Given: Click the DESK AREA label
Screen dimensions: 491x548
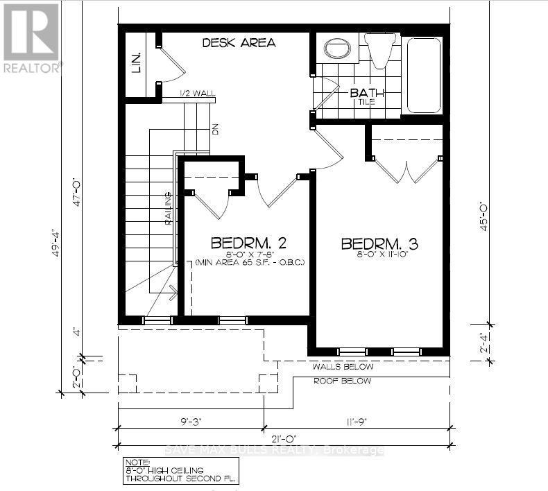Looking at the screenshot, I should (x=239, y=43).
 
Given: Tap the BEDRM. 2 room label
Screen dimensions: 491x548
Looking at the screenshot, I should (x=249, y=243).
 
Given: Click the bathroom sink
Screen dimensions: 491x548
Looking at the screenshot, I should (x=338, y=50).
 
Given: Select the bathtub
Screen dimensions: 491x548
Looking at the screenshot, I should (x=423, y=75).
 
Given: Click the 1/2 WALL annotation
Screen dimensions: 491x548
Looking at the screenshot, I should (x=175, y=93).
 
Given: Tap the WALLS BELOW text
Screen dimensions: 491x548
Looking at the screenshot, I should (x=343, y=367).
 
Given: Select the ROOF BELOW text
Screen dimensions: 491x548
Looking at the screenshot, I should (x=342, y=381).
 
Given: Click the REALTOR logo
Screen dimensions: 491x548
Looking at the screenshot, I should (x=32, y=38).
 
